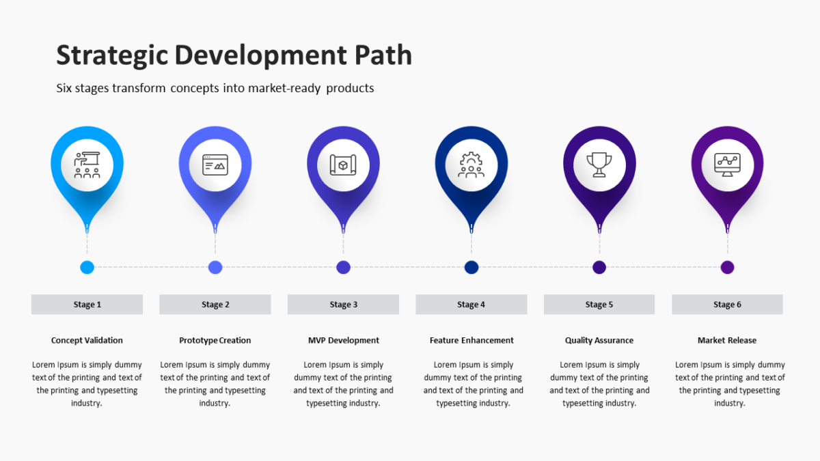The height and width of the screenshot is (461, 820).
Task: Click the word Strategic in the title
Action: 112,55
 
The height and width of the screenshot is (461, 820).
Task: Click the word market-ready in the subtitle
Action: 284,88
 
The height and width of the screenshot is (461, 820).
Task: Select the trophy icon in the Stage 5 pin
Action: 599,165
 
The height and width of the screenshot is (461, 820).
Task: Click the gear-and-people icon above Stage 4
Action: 471,165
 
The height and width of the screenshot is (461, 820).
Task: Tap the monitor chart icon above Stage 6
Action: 727,165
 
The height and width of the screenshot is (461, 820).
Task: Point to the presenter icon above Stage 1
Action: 87,165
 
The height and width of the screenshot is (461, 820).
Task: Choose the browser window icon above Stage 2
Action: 215,165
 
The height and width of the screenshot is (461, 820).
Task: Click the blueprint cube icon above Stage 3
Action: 343,165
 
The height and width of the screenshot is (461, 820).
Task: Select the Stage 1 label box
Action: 87,305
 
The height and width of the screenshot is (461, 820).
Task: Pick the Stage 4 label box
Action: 471,305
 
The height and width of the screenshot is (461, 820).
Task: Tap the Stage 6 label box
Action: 727,305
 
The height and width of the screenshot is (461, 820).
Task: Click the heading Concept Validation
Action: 87,340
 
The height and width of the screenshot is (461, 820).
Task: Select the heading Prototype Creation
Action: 215,341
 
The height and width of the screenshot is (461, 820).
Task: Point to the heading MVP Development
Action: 343,341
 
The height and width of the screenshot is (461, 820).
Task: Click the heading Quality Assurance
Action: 599,341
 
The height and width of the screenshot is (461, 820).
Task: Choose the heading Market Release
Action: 727,340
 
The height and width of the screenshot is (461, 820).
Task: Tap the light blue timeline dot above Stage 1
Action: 87,268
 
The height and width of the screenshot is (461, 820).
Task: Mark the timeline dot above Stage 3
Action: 343,268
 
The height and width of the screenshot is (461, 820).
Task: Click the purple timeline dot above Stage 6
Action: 727,268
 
